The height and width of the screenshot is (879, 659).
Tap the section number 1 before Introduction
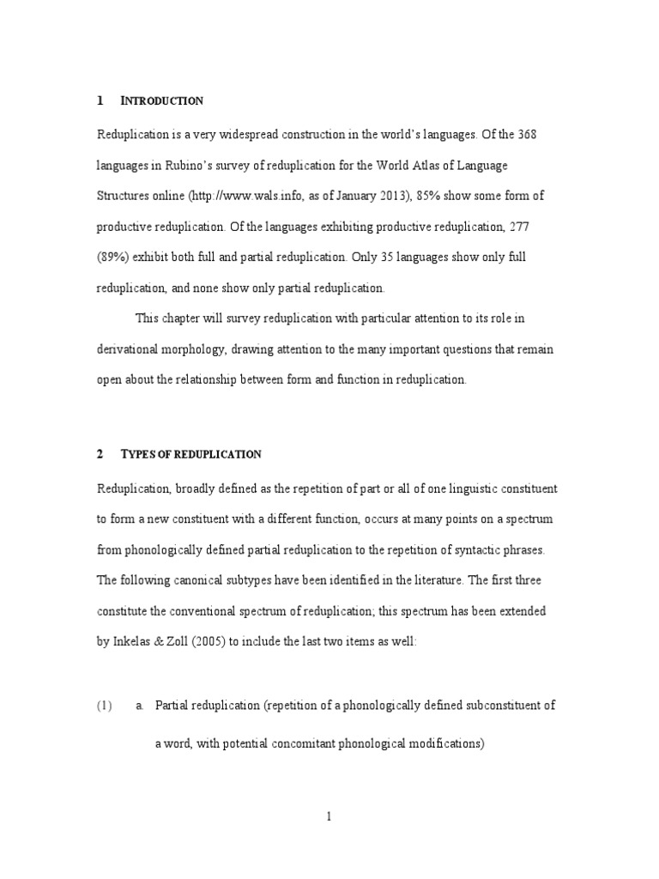(100, 101)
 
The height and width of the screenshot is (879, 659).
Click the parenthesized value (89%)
(113, 258)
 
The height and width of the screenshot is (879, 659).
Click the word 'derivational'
(130, 349)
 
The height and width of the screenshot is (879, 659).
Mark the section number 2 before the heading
(100, 454)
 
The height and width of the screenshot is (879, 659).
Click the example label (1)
(105, 706)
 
